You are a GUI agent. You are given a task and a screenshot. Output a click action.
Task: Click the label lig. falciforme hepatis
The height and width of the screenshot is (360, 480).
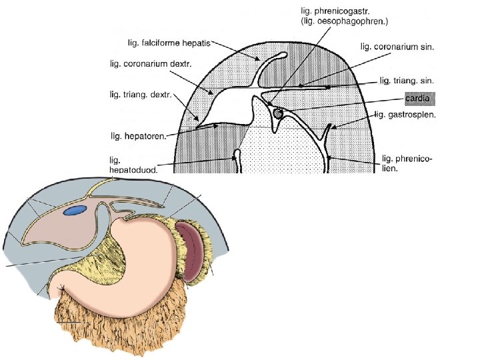[169, 43]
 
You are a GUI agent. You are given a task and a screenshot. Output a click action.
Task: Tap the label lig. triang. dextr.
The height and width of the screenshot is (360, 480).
[141, 95]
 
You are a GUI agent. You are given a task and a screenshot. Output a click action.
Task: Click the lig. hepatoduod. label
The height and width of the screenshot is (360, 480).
[134, 165]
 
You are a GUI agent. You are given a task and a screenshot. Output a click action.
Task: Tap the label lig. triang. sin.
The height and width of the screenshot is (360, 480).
[407, 80]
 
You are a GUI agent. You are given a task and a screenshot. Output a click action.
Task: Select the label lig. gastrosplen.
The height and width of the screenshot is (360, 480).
[405, 115]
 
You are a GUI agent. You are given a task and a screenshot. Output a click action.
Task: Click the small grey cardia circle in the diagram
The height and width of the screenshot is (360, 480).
[277, 114]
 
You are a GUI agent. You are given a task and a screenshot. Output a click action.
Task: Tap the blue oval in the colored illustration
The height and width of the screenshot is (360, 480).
[75, 212]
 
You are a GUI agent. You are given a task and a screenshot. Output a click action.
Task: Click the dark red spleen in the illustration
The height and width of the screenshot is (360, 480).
[191, 253]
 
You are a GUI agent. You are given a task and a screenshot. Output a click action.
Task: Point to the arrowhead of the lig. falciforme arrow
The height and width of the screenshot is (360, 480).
[259, 59]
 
